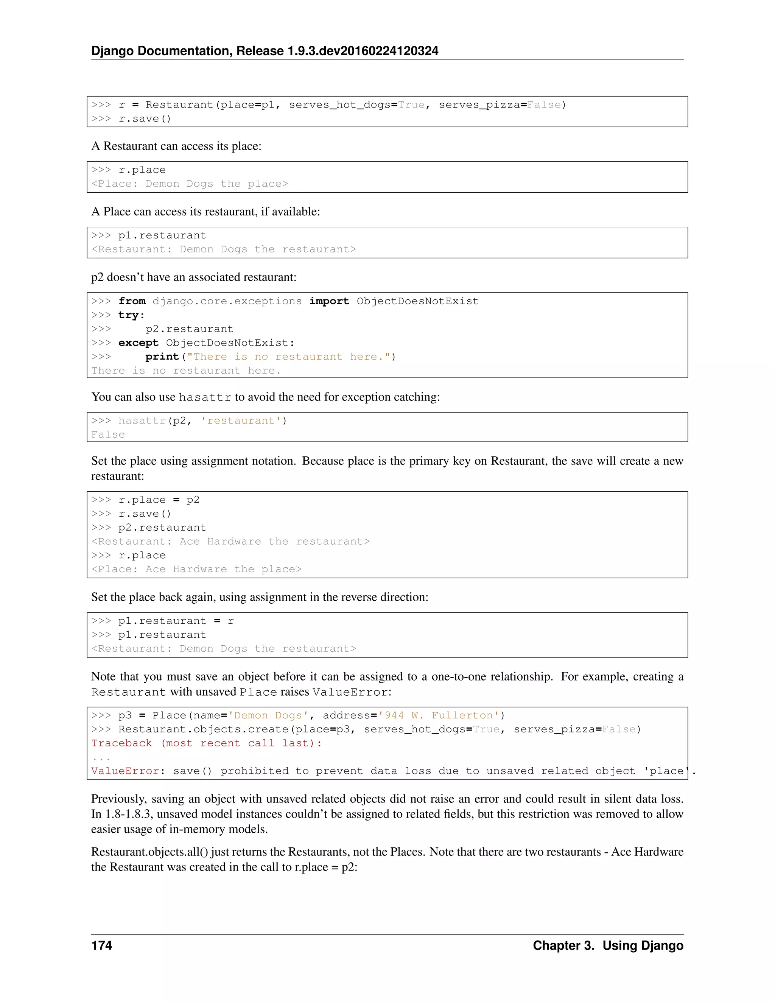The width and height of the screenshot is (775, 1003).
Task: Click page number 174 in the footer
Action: pos(101,945)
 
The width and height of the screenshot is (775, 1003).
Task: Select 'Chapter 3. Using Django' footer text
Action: pos(607,945)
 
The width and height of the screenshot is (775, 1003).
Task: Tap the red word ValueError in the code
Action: pos(125,771)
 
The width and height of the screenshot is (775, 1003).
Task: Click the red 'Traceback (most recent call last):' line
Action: pos(207,743)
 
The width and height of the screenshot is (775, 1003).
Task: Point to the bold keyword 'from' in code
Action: pos(132,301)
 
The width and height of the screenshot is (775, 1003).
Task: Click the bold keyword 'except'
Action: pos(138,343)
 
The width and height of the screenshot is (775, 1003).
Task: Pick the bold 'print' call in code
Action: pos(162,357)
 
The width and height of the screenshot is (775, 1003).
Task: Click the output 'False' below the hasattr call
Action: pos(108,435)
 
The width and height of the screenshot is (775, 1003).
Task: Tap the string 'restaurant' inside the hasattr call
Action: pos(241,421)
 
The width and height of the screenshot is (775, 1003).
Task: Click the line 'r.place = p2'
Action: pos(159,500)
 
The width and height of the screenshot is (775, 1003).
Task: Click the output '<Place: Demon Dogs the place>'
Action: pos(190,184)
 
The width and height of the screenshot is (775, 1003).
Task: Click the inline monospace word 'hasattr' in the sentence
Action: pos(205,397)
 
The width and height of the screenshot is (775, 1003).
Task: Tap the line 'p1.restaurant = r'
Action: pos(176,621)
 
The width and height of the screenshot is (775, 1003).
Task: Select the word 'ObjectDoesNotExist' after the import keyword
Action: pos(417,301)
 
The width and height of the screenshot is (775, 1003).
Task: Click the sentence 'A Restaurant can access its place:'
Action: pos(176,146)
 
